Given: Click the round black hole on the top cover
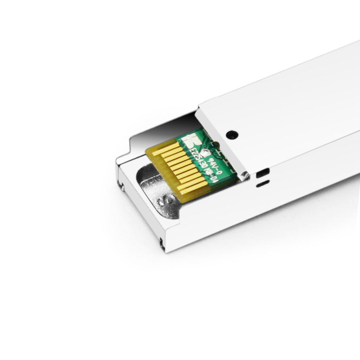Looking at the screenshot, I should click(231, 135).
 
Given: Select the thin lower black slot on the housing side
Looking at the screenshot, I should click(262, 183).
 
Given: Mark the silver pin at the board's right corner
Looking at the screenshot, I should click(243, 177).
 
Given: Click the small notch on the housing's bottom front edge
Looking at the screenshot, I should click(162, 243).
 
